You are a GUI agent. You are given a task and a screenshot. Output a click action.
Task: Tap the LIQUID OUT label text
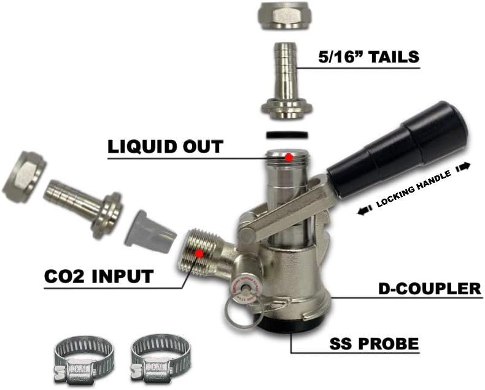coord(166,147)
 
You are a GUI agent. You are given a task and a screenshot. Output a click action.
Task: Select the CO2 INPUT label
coord(98,276)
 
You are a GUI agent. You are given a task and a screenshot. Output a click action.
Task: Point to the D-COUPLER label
coord(428,288)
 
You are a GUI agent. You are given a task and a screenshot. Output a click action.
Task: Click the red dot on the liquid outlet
coord(288,157)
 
